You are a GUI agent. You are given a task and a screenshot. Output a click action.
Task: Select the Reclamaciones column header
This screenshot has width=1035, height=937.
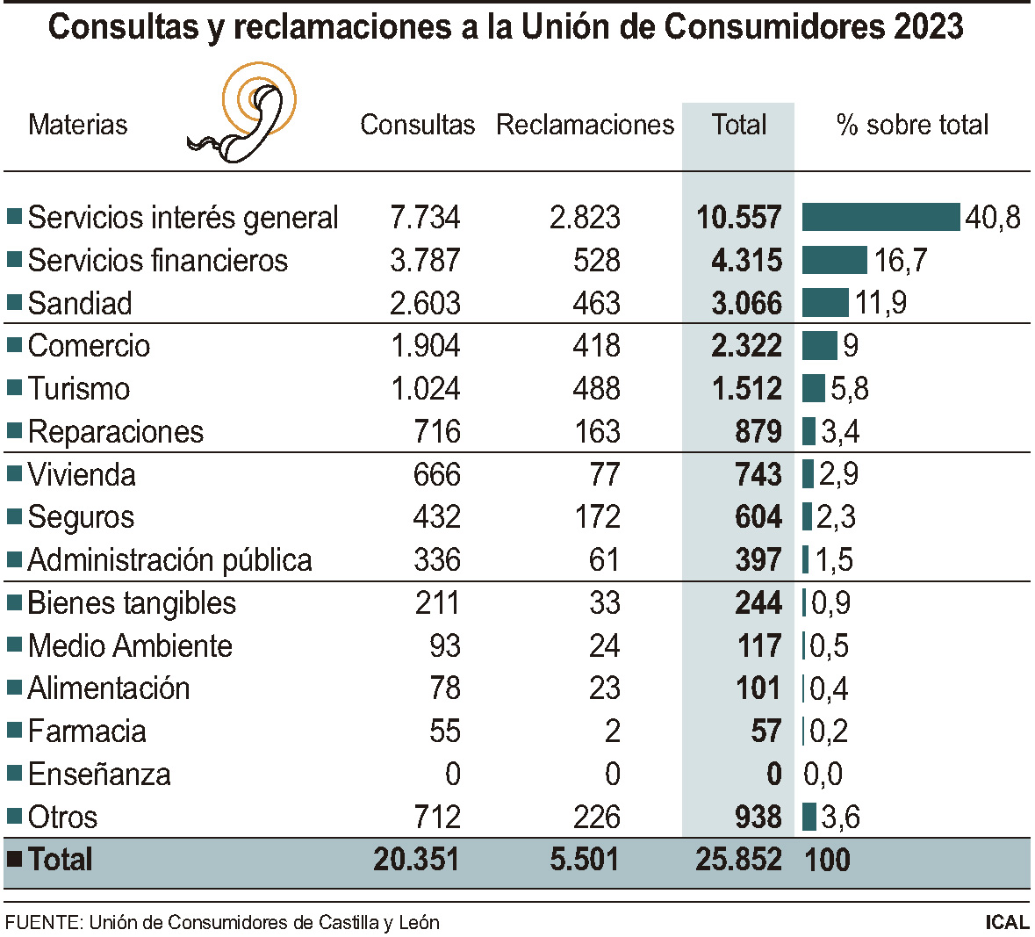coord(585,125)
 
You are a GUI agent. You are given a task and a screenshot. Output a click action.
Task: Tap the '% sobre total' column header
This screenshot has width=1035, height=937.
coord(912,125)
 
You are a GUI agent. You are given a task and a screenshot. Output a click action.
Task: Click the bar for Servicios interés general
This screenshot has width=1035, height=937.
coord(880,217)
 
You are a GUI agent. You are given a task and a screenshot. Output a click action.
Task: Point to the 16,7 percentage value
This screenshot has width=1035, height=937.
coord(900,260)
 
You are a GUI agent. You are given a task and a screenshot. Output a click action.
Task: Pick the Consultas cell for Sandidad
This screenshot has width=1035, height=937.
coord(425,303)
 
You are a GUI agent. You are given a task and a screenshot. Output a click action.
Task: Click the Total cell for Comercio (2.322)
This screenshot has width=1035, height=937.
coord(746,346)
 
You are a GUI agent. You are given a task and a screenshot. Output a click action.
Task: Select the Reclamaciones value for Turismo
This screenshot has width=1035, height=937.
coord(596,388)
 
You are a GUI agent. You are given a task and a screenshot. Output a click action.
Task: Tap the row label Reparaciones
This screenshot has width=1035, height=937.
coord(116,431)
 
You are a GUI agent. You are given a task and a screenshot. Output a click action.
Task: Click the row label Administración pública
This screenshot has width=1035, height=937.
coord(169,559)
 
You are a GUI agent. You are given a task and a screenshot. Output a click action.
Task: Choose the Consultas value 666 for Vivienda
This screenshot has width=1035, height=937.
coord(436,474)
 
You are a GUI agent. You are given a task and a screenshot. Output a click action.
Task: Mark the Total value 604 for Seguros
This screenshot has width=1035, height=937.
coord(758,517)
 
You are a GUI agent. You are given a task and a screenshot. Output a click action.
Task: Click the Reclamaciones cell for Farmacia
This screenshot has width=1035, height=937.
coord(612,731)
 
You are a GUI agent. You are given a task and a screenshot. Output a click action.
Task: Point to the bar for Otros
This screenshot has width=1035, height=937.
coord(809,817)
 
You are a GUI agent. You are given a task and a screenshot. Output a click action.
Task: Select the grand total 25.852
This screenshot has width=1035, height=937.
coord(738,859)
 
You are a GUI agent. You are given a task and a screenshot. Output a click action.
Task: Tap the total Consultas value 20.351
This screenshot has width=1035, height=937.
coord(416,859)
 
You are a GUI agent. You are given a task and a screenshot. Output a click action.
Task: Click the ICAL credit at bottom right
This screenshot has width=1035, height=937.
coord(1007,922)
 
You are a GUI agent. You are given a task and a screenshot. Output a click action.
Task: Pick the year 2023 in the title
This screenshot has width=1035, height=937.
coord(929,27)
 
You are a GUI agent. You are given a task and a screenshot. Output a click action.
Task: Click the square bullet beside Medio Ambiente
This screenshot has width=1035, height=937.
coord(14,645)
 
